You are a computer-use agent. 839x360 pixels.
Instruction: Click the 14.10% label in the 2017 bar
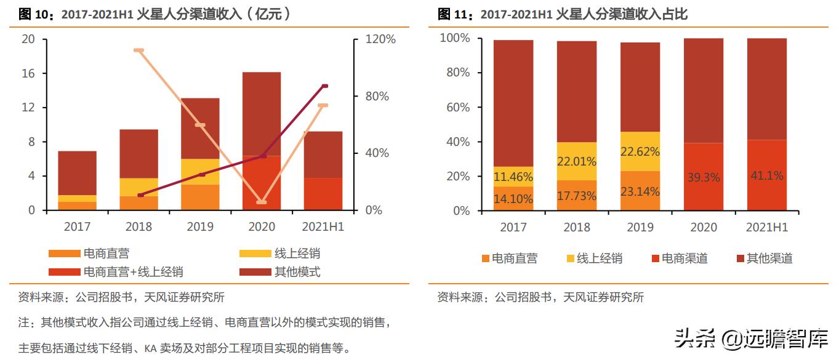click(513, 199)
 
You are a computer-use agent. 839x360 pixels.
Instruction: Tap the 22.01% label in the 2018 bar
click(577, 162)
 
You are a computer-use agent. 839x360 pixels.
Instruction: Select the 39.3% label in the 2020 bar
click(703, 177)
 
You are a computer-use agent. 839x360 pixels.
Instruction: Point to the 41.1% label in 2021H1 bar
click(766, 176)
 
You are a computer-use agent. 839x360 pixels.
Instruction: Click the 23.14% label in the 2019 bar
click(640, 191)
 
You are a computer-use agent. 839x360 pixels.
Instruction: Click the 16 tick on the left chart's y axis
click(28, 74)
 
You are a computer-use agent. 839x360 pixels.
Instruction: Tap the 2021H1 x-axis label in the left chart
click(324, 226)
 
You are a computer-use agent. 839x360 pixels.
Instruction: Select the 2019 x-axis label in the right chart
click(640, 227)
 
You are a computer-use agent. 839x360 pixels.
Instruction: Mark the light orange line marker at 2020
click(262, 202)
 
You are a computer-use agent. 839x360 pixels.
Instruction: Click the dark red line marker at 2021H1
click(324, 86)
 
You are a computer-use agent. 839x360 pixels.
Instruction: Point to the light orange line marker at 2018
click(138, 50)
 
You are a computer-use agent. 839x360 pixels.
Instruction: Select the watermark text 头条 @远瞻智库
click(751, 337)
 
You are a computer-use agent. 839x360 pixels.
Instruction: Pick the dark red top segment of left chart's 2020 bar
click(262, 114)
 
